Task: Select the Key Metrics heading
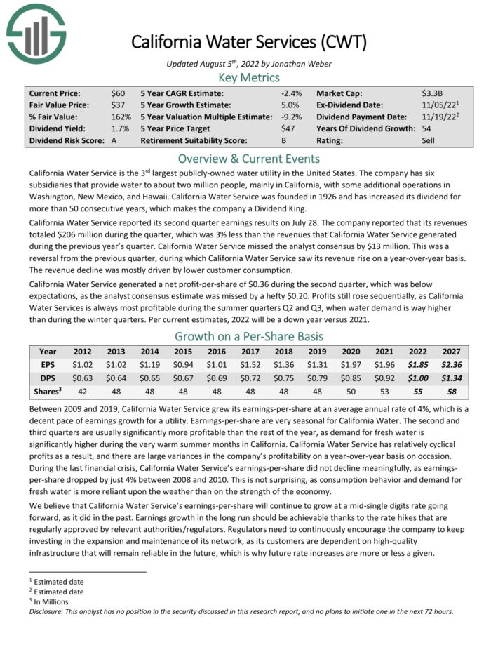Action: coord(249,77)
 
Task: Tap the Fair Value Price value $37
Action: coord(119,105)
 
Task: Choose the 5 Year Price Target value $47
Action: coord(281,128)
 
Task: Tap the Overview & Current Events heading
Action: coord(249,158)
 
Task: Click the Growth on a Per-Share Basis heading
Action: coord(249,335)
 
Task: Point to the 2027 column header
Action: coord(450,351)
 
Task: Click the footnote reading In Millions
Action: coord(55,601)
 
